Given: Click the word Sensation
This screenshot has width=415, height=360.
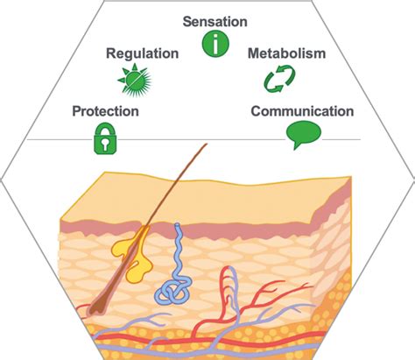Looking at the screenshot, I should point(215,21).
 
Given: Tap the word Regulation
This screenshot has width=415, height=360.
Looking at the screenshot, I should point(142,54).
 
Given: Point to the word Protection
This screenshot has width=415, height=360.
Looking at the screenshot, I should point(105,112).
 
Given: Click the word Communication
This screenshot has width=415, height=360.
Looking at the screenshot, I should point(302,112).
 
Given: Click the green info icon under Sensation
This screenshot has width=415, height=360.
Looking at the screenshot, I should point(215,44).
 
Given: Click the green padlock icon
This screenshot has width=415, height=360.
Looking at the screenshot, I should point(105,138).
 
